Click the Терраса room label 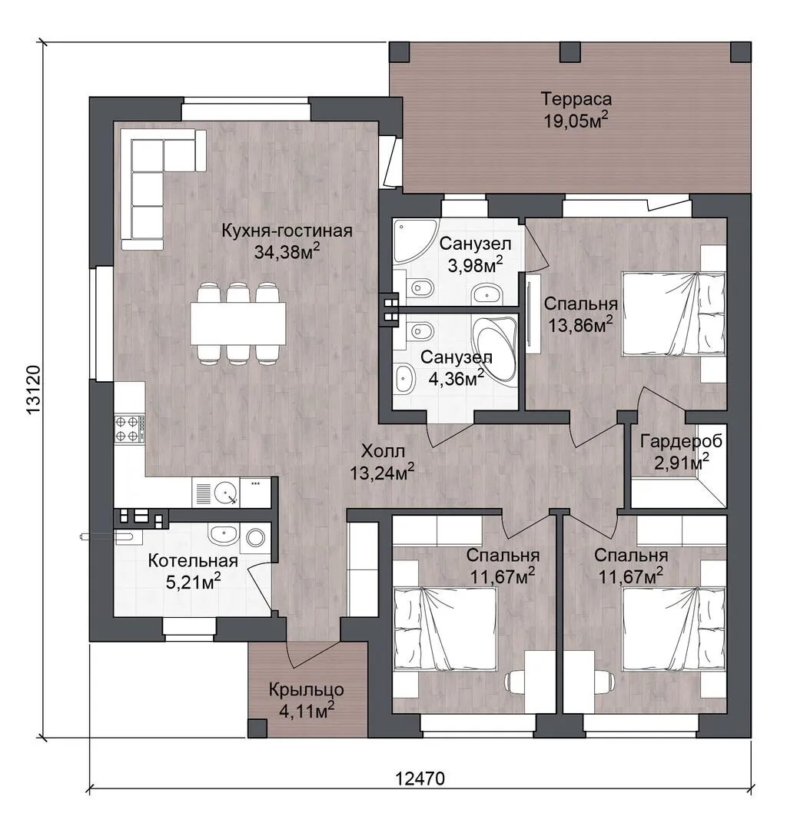[x=576, y=99]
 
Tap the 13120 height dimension [x=33, y=391]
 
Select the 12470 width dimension [x=420, y=779]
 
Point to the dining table [x=238, y=324]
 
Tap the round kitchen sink [x=227, y=492]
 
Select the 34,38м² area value [x=287, y=251]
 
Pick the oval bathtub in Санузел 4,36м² [x=494, y=348]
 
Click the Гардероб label [x=681, y=441]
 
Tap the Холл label [x=383, y=452]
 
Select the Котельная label [x=193, y=560]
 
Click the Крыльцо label [x=307, y=689]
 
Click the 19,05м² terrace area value [x=576, y=120]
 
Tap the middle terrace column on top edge [x=570, y=52]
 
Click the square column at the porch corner [x=257, y=729]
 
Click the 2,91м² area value [x=682, y=462]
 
